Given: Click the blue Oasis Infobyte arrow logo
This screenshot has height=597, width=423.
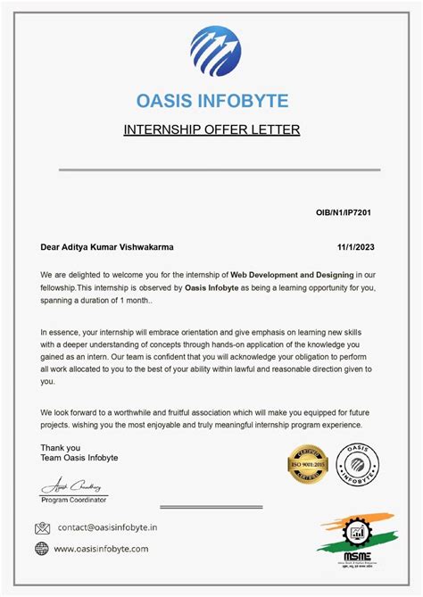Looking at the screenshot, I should tap(215, 52).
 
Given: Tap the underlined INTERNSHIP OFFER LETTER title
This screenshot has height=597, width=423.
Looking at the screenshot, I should tap(211, 130).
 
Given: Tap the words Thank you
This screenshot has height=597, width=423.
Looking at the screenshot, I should tap(60, 448).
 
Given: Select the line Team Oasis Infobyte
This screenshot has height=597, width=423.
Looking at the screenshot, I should tap(79, 458).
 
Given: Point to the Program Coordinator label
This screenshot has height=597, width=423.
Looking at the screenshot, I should tap(74, 501).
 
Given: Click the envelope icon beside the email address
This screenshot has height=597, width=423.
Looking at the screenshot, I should tap(42, 528).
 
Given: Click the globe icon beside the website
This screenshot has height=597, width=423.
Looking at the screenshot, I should tap(42, 549).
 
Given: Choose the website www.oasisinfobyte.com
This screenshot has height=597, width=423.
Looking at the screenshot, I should tap(101, 549).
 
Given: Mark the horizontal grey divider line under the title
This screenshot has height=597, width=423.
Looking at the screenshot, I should tap(220, 170).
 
